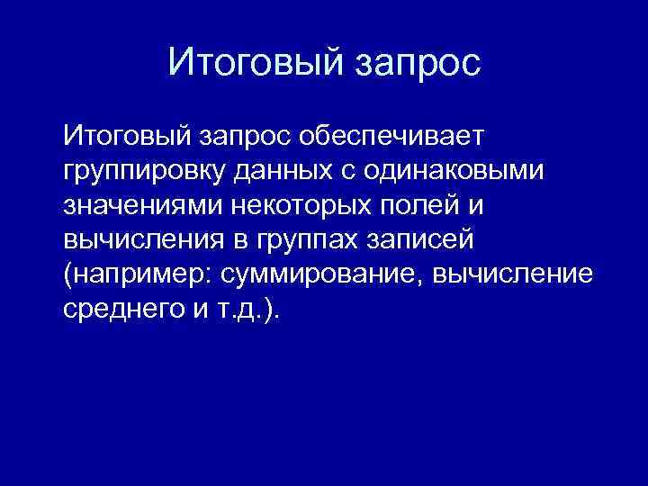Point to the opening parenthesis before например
[x=67, y=275]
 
